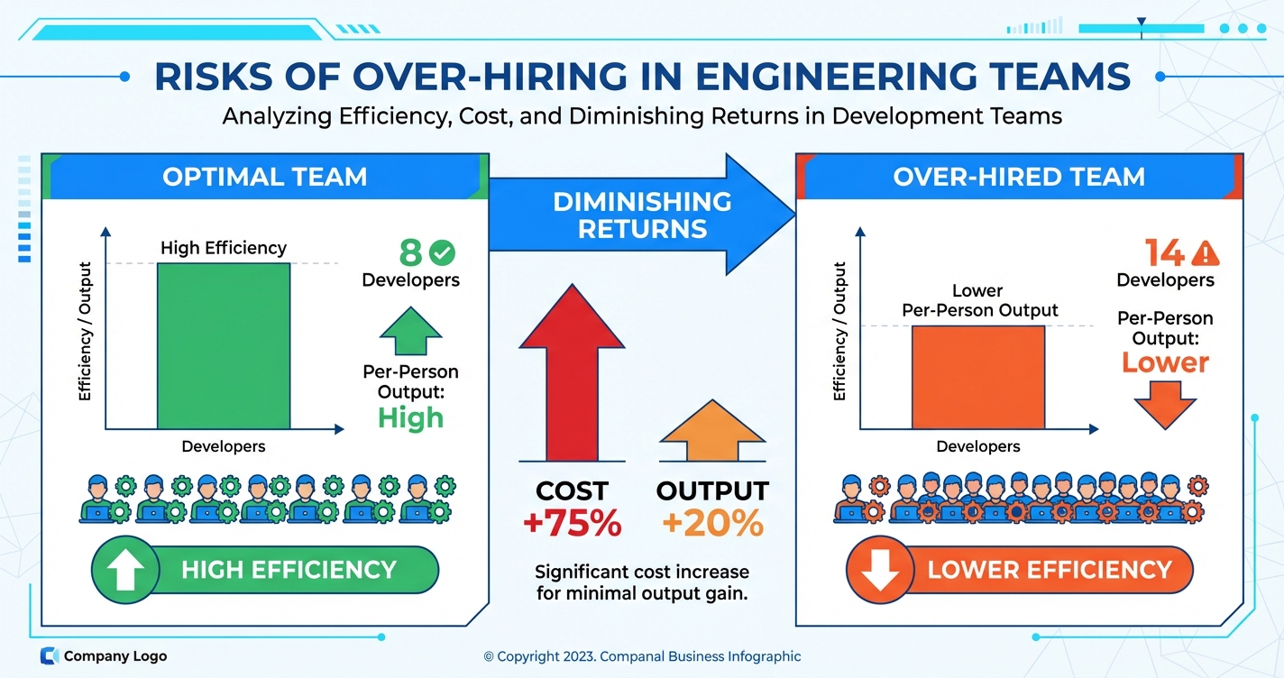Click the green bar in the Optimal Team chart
click(224, 345)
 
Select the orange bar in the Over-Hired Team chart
click(978, 377)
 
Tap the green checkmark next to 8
click(443, 252)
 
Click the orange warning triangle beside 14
click(1205, 252)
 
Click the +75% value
click(572, 523)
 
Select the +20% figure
click(712, 523)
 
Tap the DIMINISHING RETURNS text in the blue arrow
click(641, 215)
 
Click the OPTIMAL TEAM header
click(265, 176)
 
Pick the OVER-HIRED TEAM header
click(1019, 176)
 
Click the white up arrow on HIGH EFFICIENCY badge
click(126, 571)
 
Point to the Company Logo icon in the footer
click(50, 656)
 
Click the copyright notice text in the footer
click(642, 656)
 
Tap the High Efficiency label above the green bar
click(224, 247)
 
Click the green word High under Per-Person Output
click(410, 417)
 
